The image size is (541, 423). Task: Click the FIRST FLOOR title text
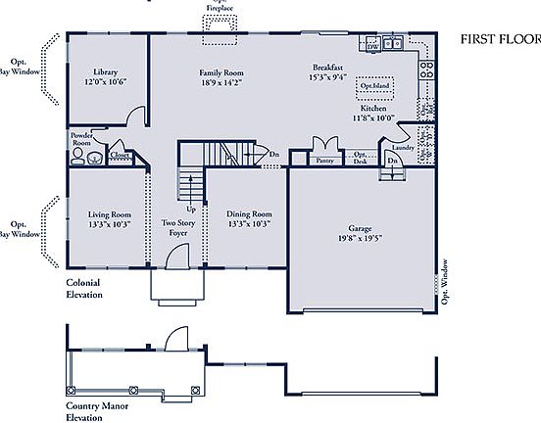click(x=500, y=40)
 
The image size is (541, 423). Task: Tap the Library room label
click(x=107, y=73)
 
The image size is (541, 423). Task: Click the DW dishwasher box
click(x=372, y=45)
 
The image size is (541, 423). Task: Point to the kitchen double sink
click(x=393, y=44)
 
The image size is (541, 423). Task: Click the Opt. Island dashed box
click(x=374, y=85)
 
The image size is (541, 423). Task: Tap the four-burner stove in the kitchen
click(x=426, y=70)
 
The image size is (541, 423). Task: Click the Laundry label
click(x=402, y=148)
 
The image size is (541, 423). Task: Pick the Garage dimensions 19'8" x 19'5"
click(x=360, y=236)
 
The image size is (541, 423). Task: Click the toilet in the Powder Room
click(x=78, y=154)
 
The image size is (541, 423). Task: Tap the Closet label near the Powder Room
click(x=120, y=155)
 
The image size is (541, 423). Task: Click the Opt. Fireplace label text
click(x=220, y=7)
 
